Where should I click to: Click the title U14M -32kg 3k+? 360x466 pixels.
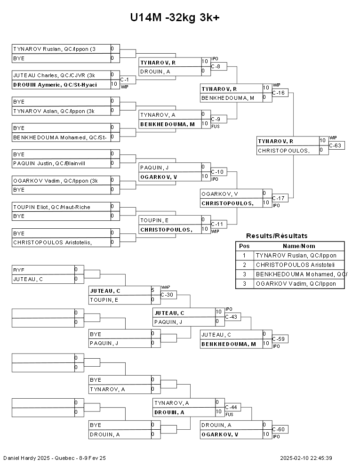pos(175,17)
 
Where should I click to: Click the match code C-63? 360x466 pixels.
pos(336,145)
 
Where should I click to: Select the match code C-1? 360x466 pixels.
pos(125,80)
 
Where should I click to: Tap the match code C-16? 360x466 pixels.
pos(280,93)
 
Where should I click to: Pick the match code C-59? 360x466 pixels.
pos(279,339)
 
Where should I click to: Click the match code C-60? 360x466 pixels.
pos(279,429)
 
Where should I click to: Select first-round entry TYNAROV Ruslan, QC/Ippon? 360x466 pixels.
pos(54,49)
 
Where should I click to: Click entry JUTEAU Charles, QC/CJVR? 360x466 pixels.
pos(54,75)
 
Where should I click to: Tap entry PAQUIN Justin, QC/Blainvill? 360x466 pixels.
pos(49,163)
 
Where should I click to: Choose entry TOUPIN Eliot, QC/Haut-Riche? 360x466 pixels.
pos(51,207)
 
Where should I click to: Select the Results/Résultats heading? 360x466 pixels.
pos(277,236)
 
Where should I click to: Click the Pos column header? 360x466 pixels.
pos(244,246)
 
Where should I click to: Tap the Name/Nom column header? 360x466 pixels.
pos(299,246)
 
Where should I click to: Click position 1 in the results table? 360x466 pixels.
pos(244,256)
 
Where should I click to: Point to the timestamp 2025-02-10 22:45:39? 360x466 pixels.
pos(306,458)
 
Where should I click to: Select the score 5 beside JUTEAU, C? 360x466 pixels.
pos(152,290)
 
